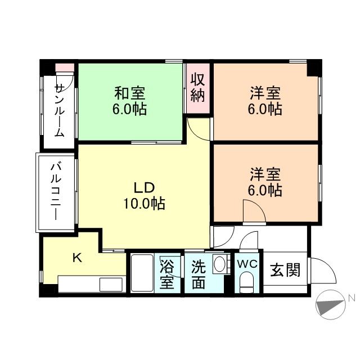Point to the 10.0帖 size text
pos(144,204)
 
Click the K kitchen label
pos(78,258)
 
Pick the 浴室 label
pos(167,274)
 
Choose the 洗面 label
pos(197,274)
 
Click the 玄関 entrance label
pos(284,271)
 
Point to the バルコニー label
pos(56,191)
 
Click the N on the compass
pos(350,298)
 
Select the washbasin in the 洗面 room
pos(220,264)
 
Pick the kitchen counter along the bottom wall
pos(90,284)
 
